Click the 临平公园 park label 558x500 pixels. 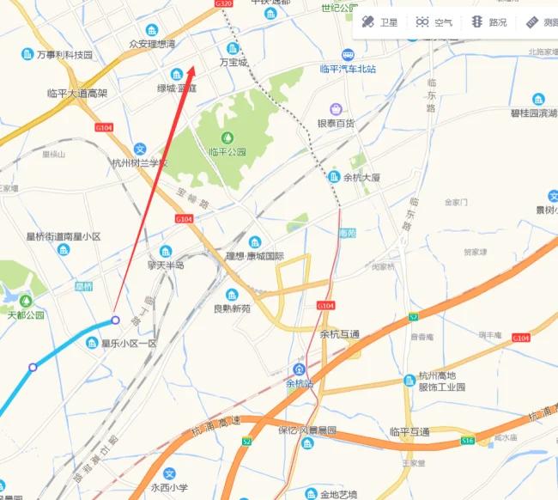227,152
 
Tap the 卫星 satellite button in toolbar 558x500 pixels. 380,22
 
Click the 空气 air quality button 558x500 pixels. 434,22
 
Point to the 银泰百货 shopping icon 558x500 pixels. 337,109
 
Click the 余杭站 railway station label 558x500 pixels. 300,383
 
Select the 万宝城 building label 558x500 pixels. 233,62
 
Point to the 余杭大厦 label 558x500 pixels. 361,177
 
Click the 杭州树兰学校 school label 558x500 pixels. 139,162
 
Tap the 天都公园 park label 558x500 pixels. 25,315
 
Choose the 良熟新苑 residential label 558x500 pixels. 232,308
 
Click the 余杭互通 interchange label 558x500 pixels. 340,334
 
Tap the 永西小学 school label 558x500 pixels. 169,487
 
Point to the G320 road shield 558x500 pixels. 223,4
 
